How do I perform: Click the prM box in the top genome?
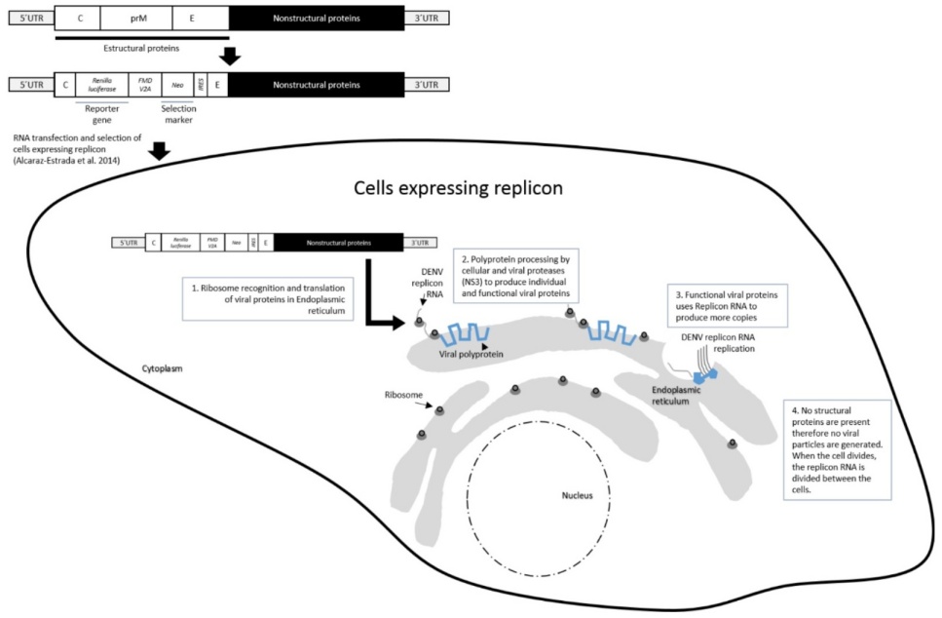tap(139, 17)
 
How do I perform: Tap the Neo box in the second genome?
tap(177, 85)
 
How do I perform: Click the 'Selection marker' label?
tap(178, 115)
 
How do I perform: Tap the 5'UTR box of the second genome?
tap(29, 85)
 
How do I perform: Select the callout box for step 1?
tap(266, 302)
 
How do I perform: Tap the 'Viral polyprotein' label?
tap(471, 355)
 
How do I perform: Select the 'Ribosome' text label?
tap(403, 395)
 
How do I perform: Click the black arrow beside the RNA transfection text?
tap(161, 151)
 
